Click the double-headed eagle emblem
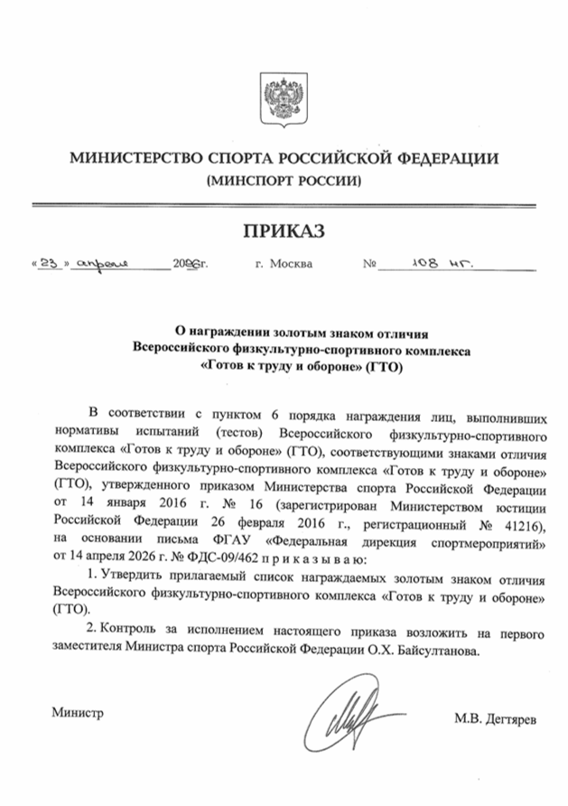(x=283, y=90)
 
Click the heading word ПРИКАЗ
(x=284, y=231)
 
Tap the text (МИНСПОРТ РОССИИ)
(x=284, y=181)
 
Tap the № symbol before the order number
(x=368, y=267)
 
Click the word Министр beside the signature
(x=78, y=712)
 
